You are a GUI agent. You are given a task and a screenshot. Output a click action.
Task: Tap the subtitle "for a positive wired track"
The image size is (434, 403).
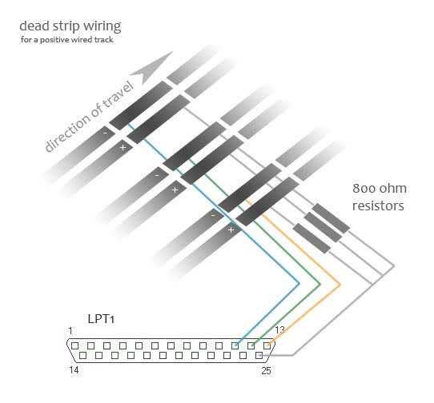click(x=66, y=39)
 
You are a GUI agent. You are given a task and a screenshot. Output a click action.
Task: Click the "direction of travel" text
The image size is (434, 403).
click(x=89, y=117)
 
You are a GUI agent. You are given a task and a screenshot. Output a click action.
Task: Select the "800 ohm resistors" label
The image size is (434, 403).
click(x=380, y=197)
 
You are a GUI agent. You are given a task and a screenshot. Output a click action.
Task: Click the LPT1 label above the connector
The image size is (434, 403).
click(x=101, y=319)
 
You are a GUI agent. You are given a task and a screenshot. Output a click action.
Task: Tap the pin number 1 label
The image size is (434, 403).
click(x=70, y=330)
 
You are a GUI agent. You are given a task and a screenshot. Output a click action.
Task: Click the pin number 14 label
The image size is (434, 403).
click(x=74, y=370)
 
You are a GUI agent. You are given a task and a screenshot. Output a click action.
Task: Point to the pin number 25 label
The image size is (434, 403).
click(x=266, y=371)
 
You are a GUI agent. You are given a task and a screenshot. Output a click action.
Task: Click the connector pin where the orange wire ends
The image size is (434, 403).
click(x=267, y=345)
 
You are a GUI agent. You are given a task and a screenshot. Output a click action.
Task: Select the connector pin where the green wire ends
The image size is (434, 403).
click(x=251, y=345)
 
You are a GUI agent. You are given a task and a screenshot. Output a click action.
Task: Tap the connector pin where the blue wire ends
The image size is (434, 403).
click(x=235, y=345)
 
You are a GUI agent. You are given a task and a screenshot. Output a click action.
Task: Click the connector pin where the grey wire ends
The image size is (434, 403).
click(x=259, y=356)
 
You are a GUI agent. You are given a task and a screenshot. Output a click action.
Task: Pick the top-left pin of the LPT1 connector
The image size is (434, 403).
click(x=74, y=345)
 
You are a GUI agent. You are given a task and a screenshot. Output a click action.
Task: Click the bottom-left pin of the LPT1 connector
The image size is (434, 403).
click(x=82, y=356)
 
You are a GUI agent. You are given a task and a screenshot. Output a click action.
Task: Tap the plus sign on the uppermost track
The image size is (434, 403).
click(x=123, y=147)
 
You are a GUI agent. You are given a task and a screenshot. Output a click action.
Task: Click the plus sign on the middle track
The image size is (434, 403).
click(x=175, y=190)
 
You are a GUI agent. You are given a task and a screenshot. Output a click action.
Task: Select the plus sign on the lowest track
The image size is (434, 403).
click(x=231, y=229)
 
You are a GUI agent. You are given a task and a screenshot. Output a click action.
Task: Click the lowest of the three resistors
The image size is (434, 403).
click(x=311, y=238)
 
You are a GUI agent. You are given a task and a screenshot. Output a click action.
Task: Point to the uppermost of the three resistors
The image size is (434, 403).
click(x=331, y=218)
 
